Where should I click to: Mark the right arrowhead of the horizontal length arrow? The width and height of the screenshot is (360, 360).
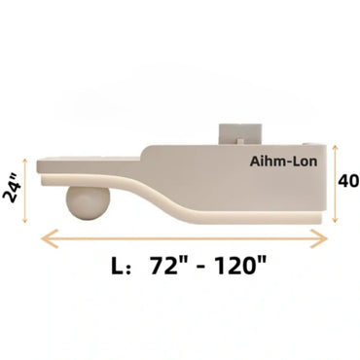coord(324,237)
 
